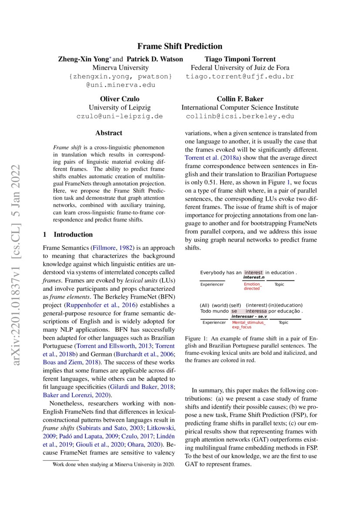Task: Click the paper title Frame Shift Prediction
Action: pyautogui.click(x=180, y=46)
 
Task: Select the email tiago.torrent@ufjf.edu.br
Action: pyautogui.click(x=240, y=77)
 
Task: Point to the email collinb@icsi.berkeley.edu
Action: pyautogui.click(x=240, y=116)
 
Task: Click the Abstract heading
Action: pyautogui.click(x=109, y=133)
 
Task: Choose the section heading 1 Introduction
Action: pyautogui.click(x=67, y=235)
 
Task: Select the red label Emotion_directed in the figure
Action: pyautogui.click(x=252, y=286)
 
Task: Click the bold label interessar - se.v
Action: pyautogui.click(x=249, y=317)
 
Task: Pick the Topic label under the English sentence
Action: pyautogui.click(x=279, y=284)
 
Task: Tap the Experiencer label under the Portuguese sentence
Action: pyautogui.click(x=214, y=323)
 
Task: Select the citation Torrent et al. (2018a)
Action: pyautogui.click(x=208, y=158)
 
